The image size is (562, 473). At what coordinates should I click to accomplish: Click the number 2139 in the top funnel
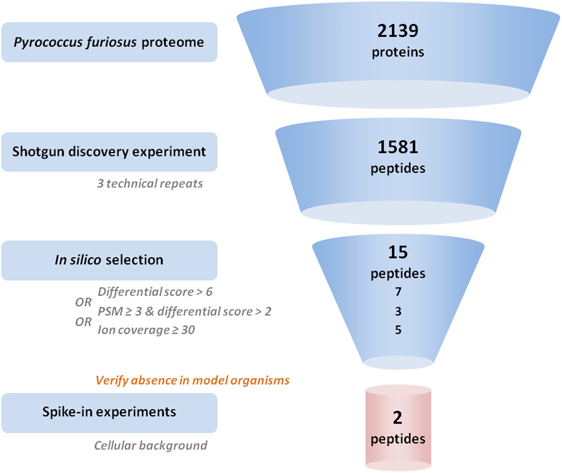(x=398, y=31)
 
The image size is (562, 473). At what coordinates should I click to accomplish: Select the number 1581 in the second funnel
(x=398, y=147)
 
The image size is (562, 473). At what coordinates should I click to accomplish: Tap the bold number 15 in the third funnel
(x=398, y=252)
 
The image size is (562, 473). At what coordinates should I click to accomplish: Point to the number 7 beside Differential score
(x=398, y=292)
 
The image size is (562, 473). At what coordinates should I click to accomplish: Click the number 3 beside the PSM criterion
(x=398, y=311)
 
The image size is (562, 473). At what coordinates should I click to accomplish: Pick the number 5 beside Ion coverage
(x=398, y=330)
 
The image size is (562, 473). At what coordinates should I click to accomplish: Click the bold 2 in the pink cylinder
(x=398, y=418)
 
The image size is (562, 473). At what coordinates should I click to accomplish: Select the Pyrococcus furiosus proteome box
(x=109, y=42)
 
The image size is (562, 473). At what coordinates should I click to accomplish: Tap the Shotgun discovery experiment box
(x=109, y=152)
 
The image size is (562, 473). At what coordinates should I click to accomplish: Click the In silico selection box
(x=109, y=260)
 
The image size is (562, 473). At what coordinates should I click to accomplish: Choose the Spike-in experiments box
(x=109, y=412)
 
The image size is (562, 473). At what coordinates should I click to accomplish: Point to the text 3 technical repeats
(x=150, y=183)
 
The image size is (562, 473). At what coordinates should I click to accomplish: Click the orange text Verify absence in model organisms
(x=193, y=380)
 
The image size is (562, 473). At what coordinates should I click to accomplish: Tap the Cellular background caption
(x=151, y=445)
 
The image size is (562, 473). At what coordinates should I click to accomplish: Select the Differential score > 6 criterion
(x=155, y=292)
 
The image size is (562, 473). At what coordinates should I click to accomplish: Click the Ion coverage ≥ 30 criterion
(x=146, y=330)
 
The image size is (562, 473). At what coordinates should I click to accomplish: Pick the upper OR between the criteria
(x=83, y=302)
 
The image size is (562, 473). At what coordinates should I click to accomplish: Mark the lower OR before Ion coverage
(x=83, y=322)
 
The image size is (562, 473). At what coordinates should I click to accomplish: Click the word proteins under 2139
(x=398, y=52)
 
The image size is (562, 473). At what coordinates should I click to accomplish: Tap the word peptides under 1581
(x=398, y=169)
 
